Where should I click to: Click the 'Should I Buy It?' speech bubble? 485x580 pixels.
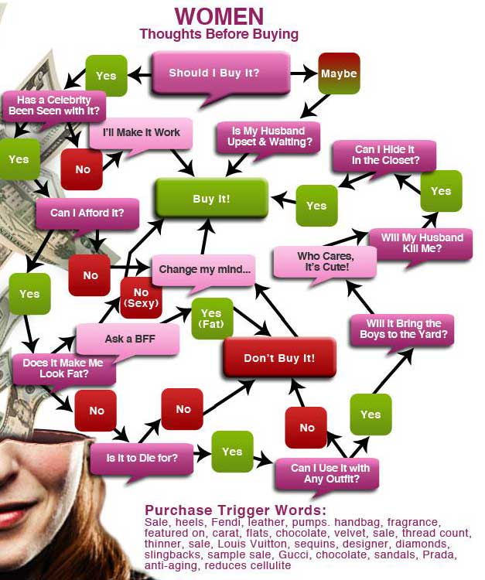[215, 73]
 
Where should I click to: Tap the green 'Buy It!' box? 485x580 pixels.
[211, 199]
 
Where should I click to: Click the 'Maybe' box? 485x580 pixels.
[339, 73]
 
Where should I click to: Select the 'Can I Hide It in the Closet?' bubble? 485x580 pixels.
[385, 155]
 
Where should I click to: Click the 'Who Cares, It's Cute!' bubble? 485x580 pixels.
[324, 261]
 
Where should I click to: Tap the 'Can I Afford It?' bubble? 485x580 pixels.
[83, 213]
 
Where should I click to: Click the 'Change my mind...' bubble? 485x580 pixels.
[204, 270]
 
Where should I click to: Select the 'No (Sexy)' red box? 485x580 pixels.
[141, 298]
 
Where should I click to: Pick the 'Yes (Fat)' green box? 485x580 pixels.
[211, 318]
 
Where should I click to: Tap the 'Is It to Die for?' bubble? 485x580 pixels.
[142, 458]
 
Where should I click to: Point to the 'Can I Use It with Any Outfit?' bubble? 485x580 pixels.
[330, 473]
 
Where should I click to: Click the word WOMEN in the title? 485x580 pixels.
[219, 15]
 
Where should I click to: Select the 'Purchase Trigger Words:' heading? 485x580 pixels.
[235, 510]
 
